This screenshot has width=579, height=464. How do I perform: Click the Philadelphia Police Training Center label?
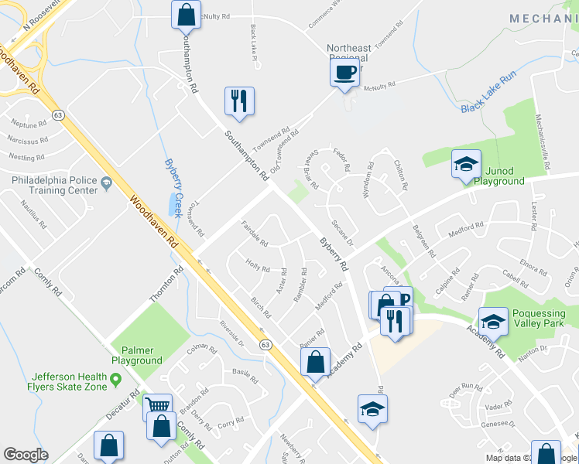54,185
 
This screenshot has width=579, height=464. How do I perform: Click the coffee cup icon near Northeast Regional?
344,73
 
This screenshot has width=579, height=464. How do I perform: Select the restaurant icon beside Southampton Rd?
238,101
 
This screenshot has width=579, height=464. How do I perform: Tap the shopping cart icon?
158,405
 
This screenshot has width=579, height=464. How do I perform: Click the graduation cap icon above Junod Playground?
466,164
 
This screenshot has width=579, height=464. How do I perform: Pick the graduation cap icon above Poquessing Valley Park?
493,319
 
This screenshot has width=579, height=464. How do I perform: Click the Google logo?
26,455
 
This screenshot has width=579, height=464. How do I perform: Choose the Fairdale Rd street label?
255,233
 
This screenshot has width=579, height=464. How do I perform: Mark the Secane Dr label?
341,234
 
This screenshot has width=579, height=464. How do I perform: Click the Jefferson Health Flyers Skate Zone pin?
116,379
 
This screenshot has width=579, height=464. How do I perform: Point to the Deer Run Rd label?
467,391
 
